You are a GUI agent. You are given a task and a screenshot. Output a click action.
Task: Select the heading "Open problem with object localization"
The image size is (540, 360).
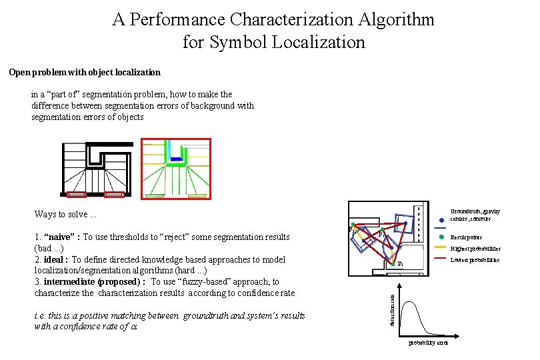coord(85,72)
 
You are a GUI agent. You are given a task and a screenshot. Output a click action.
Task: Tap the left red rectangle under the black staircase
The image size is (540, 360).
coord(77,195)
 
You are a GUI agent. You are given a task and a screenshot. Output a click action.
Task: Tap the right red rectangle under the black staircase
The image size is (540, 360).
coord(115,195)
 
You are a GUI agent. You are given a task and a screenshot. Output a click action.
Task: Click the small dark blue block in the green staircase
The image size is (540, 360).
coord(176,159)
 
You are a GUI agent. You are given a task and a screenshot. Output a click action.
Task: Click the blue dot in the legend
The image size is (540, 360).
coord(441,221)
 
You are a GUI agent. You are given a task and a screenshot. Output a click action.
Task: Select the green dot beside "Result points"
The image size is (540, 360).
coord(441,237)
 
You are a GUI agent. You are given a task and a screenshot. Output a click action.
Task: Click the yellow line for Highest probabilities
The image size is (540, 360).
coord(441,248)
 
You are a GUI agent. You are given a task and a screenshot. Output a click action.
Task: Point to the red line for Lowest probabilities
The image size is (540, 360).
coord(441,259)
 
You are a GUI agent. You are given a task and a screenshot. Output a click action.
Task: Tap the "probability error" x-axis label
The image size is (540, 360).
coord(427,343)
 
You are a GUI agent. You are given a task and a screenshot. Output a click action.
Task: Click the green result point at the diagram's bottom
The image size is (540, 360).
coord(395,260)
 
